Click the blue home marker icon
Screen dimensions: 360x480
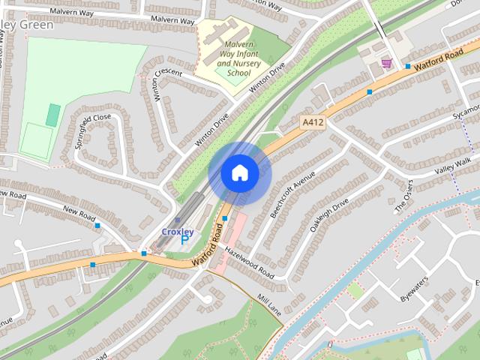click(x=239, y=173)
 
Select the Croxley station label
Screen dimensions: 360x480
click(x=178, y=232)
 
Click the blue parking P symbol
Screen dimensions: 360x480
click(x=184, y=241)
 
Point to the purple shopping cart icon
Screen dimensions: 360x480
click(x=386, y=63)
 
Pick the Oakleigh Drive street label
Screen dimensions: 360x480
click(x=331, y=214)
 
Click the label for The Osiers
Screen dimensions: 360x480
click(x=404, y=196)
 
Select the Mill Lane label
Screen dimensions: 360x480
click(x=268, y=303)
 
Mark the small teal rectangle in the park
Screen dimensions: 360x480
click(x=52, y=115)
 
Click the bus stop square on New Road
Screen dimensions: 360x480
click(x=97, y=225)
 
